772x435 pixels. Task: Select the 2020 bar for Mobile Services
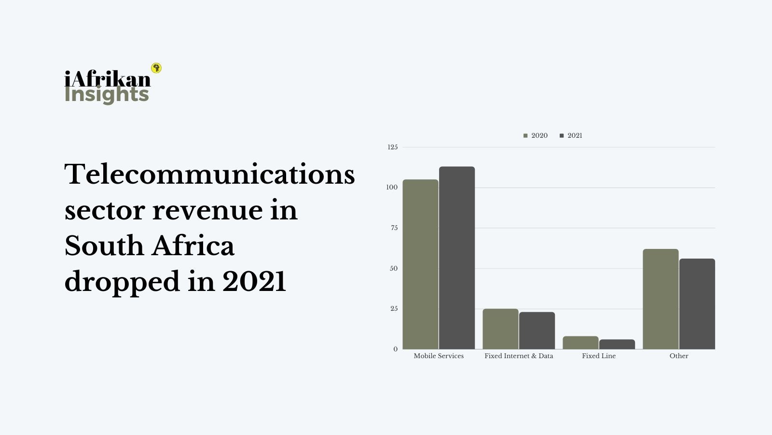tap(420, 264)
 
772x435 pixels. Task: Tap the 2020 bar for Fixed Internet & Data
tap(500, 329)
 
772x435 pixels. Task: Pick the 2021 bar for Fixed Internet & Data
tap(537, 331)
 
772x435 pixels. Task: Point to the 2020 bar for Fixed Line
tap(580, 343)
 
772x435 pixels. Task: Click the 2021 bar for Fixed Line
tap(617, 344)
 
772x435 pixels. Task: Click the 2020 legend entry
tap(536, 136)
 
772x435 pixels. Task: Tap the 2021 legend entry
tap(571, 136)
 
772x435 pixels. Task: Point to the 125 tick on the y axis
tap(393, 147)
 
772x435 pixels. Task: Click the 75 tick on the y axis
tap(394, 228)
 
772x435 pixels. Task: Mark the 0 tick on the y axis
tap(396, 349)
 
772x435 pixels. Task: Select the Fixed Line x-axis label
tap(599, 356)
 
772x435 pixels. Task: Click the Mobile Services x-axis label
tap(439, 356)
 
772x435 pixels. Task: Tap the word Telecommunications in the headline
tap(209, 174)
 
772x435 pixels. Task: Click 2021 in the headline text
tap(254, 281)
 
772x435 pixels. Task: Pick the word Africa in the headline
tap(193, 246)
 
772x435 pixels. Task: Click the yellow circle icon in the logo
tap(156, 68)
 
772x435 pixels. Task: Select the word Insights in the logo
tap(107, 94)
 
